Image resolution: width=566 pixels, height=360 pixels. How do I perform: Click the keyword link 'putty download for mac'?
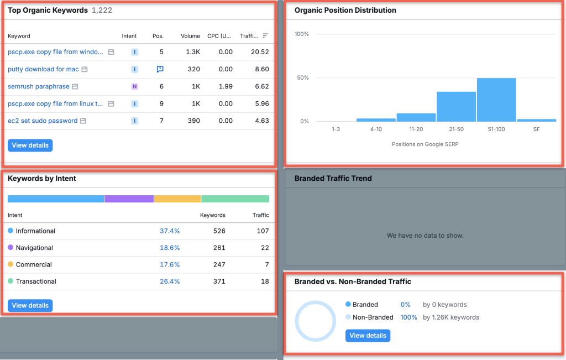(x=43, y=69)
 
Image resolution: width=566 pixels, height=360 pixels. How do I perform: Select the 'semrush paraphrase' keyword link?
(x=39, y=86)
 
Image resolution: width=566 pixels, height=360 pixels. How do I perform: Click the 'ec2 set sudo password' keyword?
(x=43, y=121)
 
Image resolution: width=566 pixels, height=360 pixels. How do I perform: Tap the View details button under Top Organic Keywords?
(x=30, y=145)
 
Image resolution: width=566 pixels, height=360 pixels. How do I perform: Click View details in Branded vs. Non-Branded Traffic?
(x=368, y=336)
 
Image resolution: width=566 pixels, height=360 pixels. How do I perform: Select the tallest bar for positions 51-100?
(x=496, y=100)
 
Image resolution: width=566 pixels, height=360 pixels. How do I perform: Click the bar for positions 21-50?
(x=456, y=107)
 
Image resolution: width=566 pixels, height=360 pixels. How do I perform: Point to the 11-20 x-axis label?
(x=416, y=129)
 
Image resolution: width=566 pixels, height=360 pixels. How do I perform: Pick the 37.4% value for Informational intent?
(x=170, y=231)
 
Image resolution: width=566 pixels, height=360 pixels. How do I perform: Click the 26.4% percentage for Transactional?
(x=170, y=281)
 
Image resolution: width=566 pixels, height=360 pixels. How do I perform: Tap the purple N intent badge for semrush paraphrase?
(x=134, y=86)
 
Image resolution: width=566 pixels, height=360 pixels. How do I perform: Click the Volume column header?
(x=190, y=36)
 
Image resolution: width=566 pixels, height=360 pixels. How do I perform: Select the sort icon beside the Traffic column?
(x=265, y=36)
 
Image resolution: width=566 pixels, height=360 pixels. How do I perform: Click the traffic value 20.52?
(x=259, y=52)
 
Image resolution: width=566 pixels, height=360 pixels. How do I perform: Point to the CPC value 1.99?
(x=226, y=86)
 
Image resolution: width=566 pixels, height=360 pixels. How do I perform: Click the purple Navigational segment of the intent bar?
(x=129, y=199)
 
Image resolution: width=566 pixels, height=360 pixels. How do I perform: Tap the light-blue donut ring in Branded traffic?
(x=316, y=303)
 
